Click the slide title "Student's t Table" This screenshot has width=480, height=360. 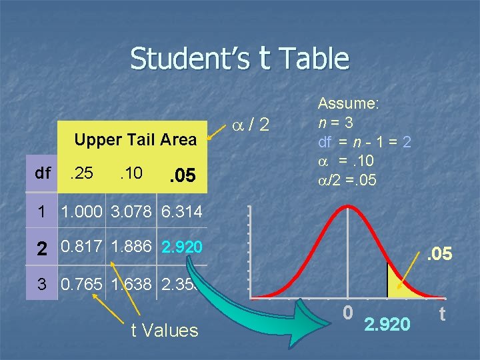[240, 58]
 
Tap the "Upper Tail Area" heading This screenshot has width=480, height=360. [135, 139]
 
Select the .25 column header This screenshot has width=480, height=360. [81, 174]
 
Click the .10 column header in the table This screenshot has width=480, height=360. [131, 174]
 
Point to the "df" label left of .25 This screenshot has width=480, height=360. [43, 173]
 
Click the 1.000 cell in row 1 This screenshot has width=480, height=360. [83, 213]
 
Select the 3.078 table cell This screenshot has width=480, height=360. [131, 213]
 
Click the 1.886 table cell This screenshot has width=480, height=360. [131, 247]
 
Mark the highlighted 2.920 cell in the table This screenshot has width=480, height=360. [181, 248]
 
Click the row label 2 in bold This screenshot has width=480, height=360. [42, 249]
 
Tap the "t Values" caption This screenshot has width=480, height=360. [164, 330]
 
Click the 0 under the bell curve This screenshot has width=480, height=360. [347, 311]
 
